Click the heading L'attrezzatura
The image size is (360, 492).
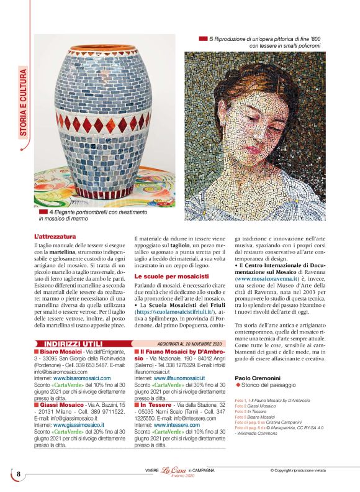55,237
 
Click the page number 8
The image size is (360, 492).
18,475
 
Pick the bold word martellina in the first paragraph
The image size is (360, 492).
67,253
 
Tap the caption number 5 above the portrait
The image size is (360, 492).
211,39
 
